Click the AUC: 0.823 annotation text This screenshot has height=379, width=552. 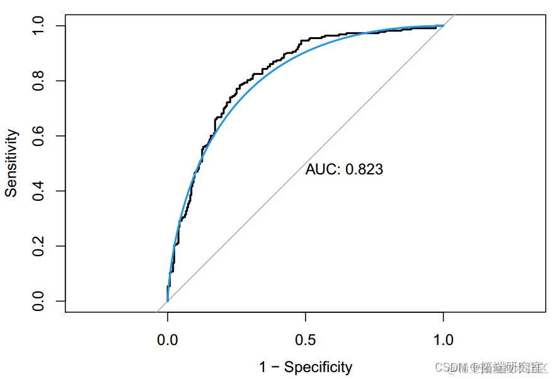coord(344,169)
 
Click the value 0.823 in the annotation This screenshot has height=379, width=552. coord(364,169)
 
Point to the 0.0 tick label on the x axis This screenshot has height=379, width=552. coord(167,340)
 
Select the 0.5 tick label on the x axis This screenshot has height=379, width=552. coord(306,340)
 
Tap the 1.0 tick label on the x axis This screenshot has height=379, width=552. coord(444,340)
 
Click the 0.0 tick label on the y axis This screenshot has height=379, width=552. coord(39,301)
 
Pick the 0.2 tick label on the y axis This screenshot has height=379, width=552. coord(39,246)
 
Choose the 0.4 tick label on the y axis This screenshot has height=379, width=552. coord(39,191)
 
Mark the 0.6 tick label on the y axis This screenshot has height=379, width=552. coord(39,136)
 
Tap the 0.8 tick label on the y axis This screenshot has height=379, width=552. coord(39,81)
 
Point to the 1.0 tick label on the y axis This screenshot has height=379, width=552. coord(39,26)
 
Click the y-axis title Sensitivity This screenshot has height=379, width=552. coord(11,163)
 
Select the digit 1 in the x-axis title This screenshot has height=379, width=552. coord(263,368)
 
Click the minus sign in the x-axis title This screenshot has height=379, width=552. coord(275,368)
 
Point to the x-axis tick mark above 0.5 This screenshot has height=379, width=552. coord(306,316)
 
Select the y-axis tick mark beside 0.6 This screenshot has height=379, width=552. coord(60,136)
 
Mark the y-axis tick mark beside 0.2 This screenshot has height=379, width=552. coord(60,246)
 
